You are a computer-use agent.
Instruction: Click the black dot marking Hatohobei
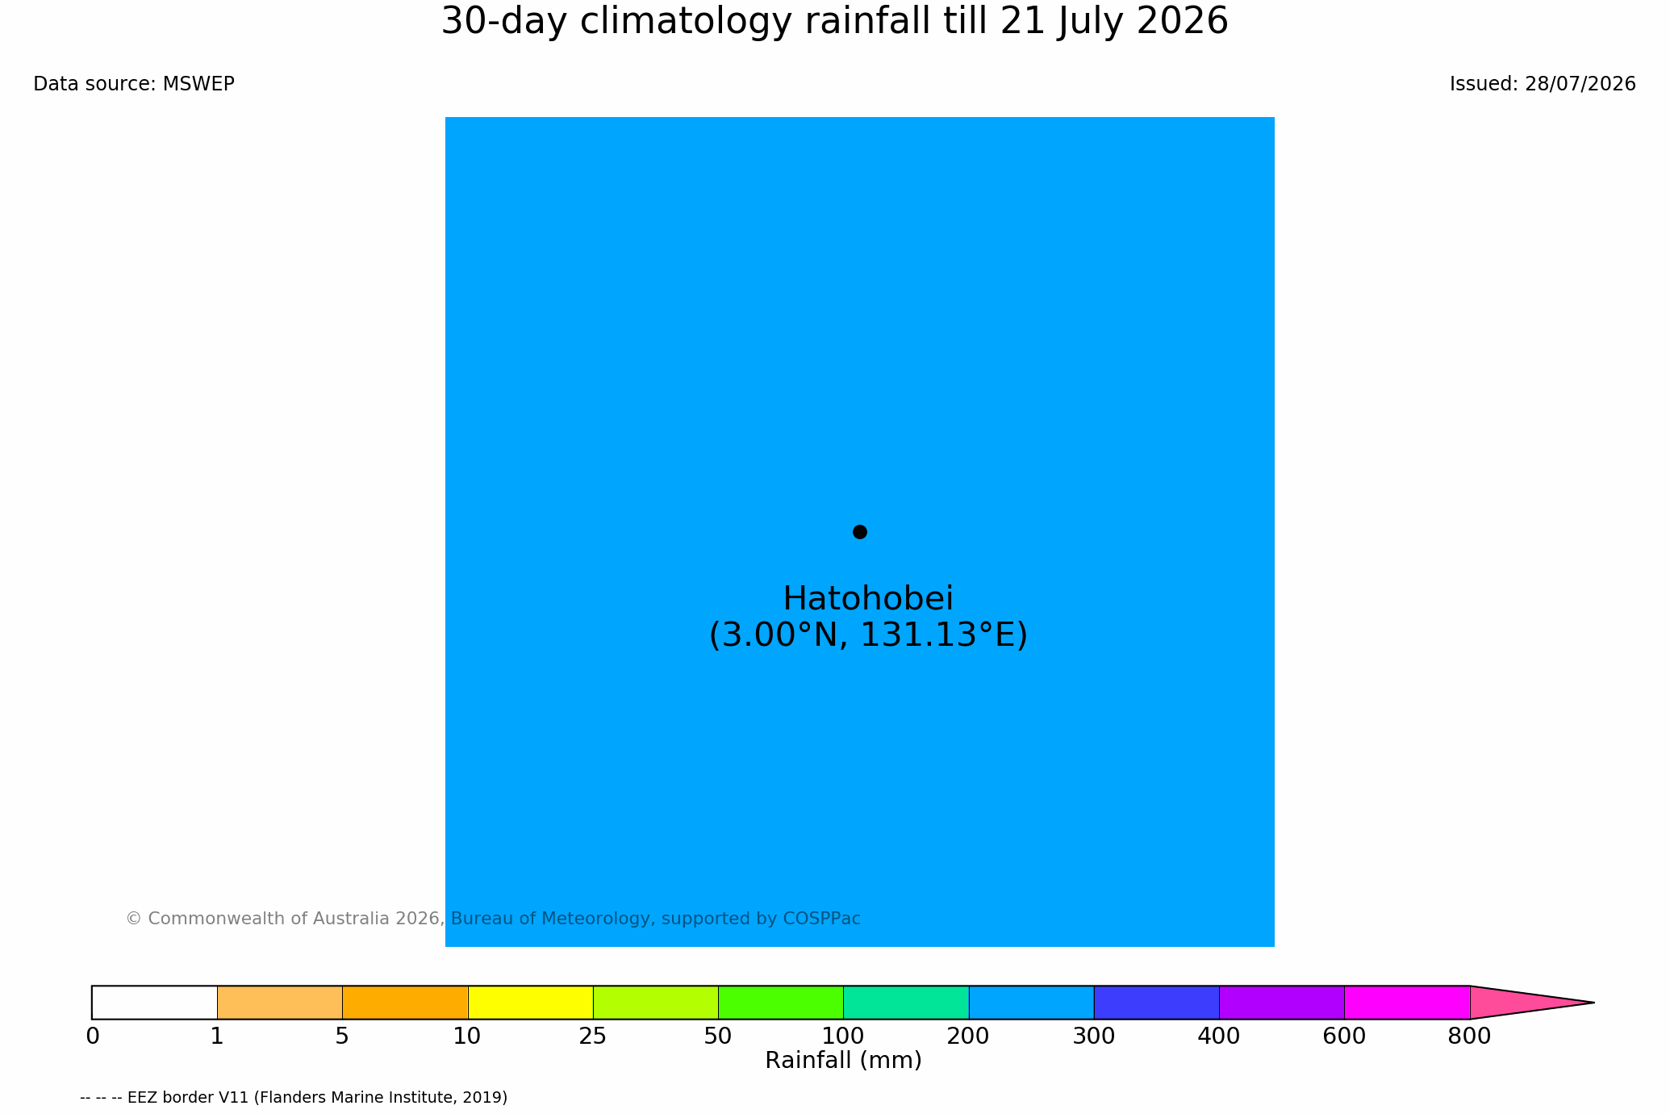(860, 532)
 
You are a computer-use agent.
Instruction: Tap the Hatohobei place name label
(868, 599)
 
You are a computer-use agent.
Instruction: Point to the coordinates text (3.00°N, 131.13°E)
(868, 635)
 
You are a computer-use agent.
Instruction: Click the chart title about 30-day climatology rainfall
(834, 22)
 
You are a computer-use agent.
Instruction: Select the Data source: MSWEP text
(134, 84)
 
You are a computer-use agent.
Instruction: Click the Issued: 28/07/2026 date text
(1543, 84)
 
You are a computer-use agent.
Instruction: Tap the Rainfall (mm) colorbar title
(843, 1061)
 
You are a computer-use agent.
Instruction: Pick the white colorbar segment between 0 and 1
(155, 1003)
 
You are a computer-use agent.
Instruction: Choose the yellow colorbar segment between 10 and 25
(531, 1003)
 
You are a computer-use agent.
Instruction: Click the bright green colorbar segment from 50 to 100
(781, 1003)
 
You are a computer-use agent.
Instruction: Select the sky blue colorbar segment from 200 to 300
(1031, 1003)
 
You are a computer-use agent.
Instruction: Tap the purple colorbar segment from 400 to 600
(1282, 1003)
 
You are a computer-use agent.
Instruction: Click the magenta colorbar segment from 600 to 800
(1407, 1003)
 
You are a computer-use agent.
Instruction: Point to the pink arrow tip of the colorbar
(1594, 1003)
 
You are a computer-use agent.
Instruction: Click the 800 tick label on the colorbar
(1469, 1037)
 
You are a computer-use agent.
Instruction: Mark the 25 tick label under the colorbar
(593, 1037)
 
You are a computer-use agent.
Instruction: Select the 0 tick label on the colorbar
(93, 1037)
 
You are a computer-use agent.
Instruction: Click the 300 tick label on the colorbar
(1094, 1037)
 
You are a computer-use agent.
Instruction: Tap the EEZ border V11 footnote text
(294, 1098)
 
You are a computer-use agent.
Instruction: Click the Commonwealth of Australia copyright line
(493, 919)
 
